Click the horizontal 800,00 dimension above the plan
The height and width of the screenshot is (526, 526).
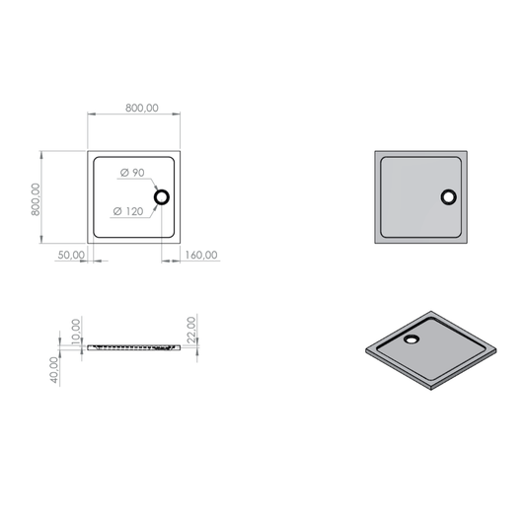point(142,108)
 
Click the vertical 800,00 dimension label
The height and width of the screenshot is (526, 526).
point(36,199)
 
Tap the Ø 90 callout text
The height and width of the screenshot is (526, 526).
point(132,173)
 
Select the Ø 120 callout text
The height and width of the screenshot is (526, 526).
point(128,211)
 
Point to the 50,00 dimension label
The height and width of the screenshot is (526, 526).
point(71,255)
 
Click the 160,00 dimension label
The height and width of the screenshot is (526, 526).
point(201,255)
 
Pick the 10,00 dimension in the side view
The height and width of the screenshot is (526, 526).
point(77,332)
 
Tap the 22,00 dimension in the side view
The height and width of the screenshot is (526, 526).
point(191,330)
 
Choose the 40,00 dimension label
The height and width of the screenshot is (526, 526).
point(54,370)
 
